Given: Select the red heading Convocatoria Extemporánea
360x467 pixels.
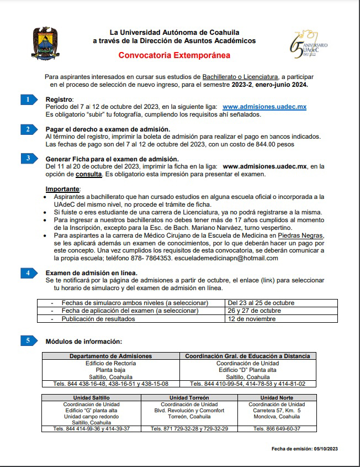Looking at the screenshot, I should [174, 55].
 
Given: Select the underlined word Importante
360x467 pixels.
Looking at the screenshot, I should [62, 189].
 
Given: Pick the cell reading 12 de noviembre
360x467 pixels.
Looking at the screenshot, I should [252, 319].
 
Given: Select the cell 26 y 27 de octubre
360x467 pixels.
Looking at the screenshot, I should [254, 311].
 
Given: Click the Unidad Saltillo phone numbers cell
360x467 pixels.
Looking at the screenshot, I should [91, 428].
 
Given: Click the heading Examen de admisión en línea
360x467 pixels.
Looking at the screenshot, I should [91, 273].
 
